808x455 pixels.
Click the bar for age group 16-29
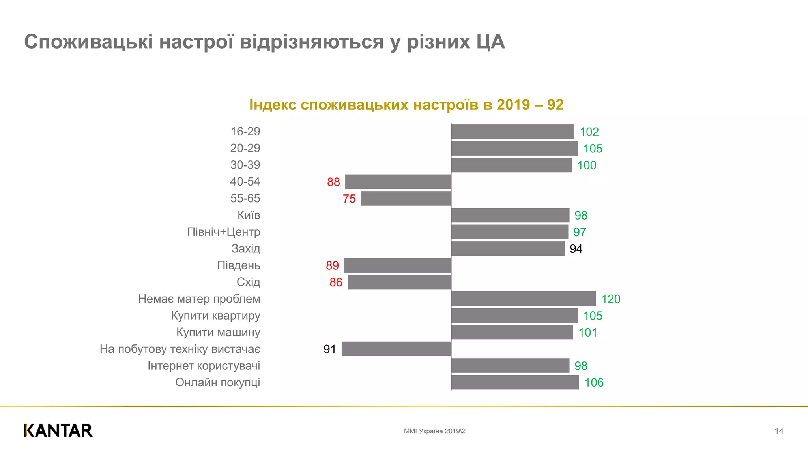(512, 132)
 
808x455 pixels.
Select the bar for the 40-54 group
(398, 182)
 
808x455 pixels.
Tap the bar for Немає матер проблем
(524, 299)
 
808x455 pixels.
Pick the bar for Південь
(397, 265)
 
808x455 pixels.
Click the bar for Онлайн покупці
(515, 382)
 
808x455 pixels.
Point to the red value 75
(349, 199)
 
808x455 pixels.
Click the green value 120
(611, 299)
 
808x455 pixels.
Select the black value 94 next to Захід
(576, 249)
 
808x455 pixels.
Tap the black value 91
(329, 349)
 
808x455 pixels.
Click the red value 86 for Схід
(336, 282)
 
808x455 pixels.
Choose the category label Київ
(249, 215)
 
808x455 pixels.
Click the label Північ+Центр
(223, 232)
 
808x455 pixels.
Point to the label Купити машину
(218, 332)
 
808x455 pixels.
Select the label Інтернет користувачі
(204, 366)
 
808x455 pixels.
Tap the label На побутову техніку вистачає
(180, 349)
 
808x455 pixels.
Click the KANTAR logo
(58, 431)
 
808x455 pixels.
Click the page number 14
(779, 431)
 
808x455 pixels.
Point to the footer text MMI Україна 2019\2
(434, 431)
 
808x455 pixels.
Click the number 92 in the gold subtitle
(555, 105)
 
